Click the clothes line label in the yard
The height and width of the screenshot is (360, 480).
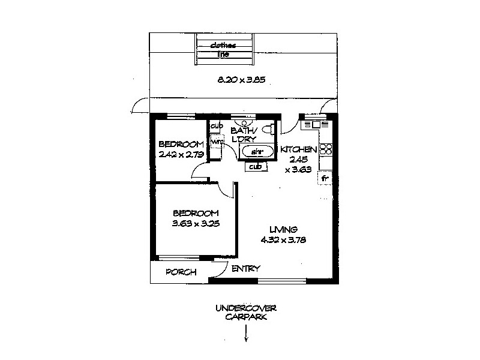pos(223,50)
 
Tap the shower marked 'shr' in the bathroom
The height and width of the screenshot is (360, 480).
pos(257,152)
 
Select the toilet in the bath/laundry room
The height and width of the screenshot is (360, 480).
pos(271,128)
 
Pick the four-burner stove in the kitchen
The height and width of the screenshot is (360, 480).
pos(327,149)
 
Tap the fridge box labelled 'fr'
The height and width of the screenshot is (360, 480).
pos(325,178)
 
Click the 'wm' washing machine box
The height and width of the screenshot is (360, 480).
pos(215,142)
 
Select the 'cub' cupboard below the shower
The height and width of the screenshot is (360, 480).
pos(255,167)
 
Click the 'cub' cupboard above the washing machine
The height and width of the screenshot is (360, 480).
pos(216,126)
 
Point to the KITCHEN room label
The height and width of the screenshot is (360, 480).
pos(295,149)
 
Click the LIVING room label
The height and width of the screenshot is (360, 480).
pos(283,229)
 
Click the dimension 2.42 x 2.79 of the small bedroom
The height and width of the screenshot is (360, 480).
pos(181,154)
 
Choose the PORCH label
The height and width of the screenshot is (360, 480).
pos(181,272)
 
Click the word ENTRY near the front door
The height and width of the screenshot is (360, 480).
pos(245,269)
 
